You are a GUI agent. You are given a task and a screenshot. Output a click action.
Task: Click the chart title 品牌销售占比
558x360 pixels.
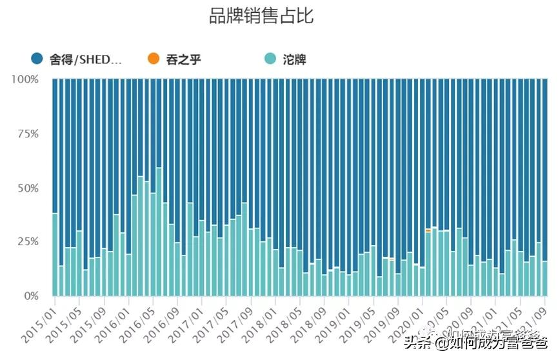click(x=261, y=15)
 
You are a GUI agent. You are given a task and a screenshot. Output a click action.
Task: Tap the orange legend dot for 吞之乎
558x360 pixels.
click(x=153, y=59)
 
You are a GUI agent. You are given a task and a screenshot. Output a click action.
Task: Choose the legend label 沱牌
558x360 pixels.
click(x=294, y=60)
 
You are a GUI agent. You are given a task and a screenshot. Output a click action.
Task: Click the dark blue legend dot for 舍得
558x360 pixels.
click(x=37, y=59)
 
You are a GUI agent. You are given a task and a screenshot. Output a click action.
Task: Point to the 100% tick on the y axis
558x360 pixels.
click(x=25, y=79)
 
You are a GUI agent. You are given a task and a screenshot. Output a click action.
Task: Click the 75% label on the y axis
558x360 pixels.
click(x=28, y=134)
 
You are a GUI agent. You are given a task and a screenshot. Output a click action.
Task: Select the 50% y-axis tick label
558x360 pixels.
click(x=28, y=188)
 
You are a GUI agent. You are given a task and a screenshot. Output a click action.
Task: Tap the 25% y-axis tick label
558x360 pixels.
click(x=28, y=242)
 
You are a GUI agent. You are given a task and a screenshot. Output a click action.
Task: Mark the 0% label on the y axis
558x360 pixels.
click(x=31, y=296)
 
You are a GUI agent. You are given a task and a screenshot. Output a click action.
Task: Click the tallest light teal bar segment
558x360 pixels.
click(x=159, y=232)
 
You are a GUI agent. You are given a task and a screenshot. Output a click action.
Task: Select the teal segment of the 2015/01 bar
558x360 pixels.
click(x=55, y=255)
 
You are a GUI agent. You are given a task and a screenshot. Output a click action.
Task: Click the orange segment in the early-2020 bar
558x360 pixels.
click(x=428, y=230)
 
